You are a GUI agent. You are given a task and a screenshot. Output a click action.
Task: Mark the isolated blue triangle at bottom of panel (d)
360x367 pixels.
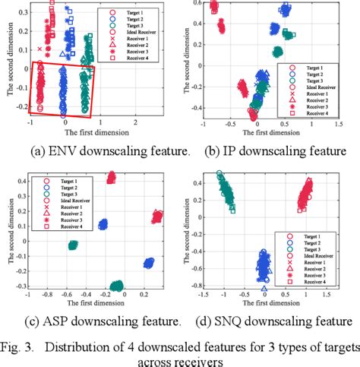264,289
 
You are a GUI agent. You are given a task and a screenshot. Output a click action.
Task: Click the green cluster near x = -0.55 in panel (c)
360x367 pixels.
73,245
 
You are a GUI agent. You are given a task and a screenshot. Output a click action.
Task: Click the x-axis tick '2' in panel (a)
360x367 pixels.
136,122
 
